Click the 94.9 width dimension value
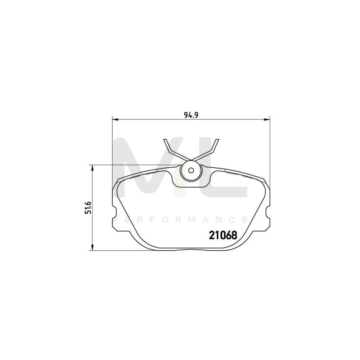click(192, 115)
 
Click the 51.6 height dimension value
click(87, 207)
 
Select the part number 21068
click(223, 235)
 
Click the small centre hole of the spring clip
click(191, 170)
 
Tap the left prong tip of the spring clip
click(165, 140)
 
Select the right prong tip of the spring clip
click(217, 140)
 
